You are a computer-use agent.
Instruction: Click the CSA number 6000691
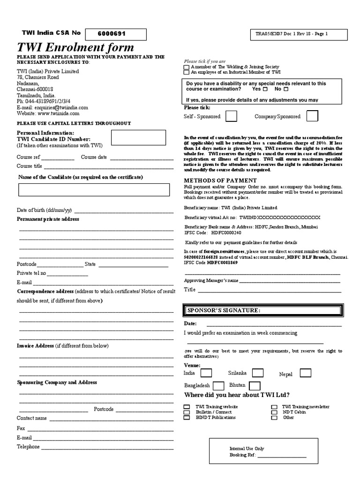click(112, 34)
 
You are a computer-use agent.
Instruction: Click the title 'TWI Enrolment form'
click(75, 47)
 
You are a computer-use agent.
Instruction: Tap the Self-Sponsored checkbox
click(231, 116)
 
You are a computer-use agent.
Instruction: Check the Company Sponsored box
click(312, 116)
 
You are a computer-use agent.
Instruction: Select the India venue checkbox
click(206, 373)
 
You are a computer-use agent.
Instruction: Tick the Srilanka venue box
click(257, 373)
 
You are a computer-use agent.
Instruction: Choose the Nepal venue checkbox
click(305, 373)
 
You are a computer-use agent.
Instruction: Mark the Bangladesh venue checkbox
click(218, 386)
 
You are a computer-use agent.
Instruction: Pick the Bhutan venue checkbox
click(255, 386)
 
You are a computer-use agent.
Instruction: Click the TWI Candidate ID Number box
click(138, 138)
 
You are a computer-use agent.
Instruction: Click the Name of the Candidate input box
click(94, 190)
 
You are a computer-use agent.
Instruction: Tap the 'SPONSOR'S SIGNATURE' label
click(217, 310)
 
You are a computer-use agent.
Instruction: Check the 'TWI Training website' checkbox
click(187, 407)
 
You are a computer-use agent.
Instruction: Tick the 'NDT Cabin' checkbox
click(274, 412)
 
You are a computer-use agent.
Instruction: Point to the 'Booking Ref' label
click(242, 455)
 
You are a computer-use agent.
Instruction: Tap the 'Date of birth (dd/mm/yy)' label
click(44, 210)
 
